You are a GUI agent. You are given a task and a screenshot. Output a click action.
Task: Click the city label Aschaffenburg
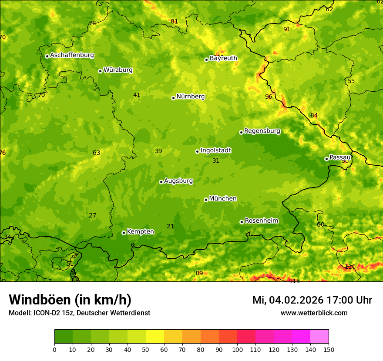[x=72, y=55]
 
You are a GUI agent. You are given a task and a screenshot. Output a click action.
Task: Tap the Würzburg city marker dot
[x=100, y=71]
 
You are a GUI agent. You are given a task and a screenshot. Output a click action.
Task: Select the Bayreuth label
[x=223, y=58]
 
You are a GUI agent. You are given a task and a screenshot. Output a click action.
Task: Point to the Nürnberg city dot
[x=173, y=98]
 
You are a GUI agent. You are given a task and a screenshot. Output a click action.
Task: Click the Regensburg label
[x=262, y=131]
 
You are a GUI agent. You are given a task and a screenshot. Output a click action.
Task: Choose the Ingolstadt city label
[x=215, y=150]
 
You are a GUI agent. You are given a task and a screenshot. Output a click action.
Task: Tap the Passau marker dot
[x=326, y=159]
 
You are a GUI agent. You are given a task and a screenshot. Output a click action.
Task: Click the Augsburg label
[x=178, y=181]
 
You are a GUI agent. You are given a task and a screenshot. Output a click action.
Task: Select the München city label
[x=223, y=199]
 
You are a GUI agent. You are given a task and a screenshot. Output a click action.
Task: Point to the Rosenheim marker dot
[x=242, y=222]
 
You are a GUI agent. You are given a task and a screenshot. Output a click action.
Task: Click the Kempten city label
[x=140, y=232]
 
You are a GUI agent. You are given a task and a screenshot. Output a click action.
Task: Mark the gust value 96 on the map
[x=269, y=97]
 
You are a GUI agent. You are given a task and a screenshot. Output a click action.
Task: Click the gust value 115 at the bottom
[x=295, y=281]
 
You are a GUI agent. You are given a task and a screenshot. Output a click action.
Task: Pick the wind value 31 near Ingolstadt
[x=216, y=160]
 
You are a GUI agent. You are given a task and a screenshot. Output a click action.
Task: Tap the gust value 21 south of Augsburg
[x=170, y=226]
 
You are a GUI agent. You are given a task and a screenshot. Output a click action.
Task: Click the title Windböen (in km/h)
[x=70, y=300]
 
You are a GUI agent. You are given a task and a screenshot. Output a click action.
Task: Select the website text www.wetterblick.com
[x=314, y=313]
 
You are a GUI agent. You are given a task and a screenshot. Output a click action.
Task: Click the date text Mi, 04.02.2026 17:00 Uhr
[x=312, y=300]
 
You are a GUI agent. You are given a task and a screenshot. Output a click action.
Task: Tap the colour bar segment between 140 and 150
[x=319, y=337]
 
